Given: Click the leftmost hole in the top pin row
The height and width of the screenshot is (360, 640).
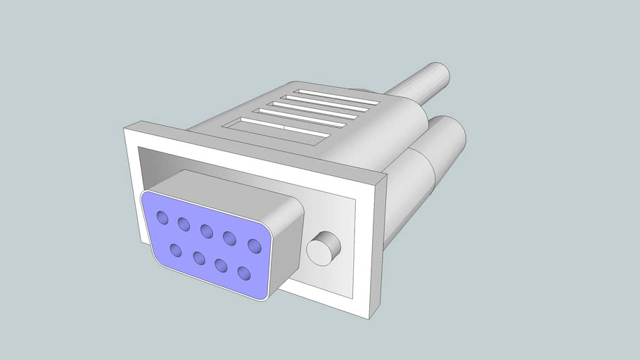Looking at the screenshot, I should (x=162, y=217).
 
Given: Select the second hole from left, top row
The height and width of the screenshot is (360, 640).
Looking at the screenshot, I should (x=184, y=224).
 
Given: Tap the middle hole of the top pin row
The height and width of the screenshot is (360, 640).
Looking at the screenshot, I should (x=207, y=231).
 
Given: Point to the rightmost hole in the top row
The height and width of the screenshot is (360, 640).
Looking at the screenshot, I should (x=254, y=245).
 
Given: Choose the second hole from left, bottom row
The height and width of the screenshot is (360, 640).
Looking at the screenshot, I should (x=198, y=257).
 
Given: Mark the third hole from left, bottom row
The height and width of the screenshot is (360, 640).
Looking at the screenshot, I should (x=221, y=264).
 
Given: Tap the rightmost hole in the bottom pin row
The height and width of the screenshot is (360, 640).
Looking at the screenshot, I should (x=244, y=272).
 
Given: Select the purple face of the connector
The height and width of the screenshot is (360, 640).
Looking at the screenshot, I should (x=204, y=243).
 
